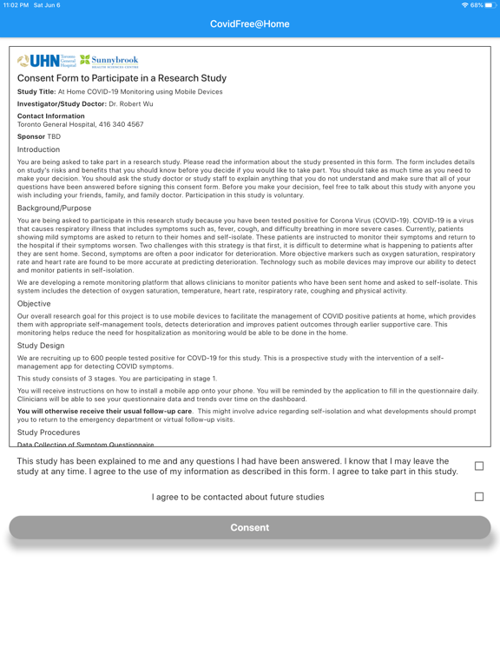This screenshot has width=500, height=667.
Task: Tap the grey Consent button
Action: [250, 527]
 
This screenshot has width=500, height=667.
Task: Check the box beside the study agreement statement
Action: [478, 466]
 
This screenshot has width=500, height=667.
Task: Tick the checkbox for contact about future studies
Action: [478, 497]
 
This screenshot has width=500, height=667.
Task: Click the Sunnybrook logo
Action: [109, 61]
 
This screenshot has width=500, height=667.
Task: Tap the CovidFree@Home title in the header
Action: [250, 24]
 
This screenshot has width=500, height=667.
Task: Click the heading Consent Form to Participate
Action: [122, 78]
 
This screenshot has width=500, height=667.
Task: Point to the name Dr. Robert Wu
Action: [131, 104]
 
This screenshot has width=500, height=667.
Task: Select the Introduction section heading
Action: [38, 149]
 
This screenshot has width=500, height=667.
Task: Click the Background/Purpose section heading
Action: [54, 208]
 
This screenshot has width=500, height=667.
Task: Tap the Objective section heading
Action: [34, 304]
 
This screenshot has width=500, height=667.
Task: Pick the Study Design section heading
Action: [41, 346]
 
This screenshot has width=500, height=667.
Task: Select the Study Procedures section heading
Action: [49, 432]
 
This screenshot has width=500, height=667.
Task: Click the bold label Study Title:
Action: [36, 92]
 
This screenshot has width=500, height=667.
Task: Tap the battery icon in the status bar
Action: [489, 5]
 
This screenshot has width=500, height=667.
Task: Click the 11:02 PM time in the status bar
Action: [16, 5]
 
